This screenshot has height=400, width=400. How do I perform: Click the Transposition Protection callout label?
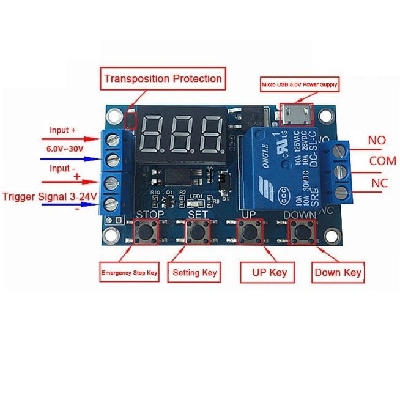[x=162, y=79]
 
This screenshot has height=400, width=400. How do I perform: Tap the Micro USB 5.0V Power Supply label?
[x=300, y=84]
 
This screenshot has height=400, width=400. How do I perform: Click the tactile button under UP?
[x=249, y=232]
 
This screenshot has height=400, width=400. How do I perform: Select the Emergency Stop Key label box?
[x=130, y=273]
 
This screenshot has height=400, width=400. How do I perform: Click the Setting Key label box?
[x=193, y=272]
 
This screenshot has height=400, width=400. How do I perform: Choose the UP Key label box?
[x=265, y=272]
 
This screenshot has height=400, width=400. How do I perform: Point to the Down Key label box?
[x=338, y=272]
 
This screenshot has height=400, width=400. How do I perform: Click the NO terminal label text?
[x=376, y=141]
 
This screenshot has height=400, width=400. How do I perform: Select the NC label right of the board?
[x=376, y=183]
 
